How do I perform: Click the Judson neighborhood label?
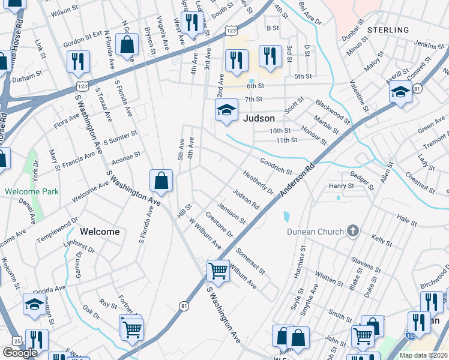259,118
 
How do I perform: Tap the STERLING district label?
388,29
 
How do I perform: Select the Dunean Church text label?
315,231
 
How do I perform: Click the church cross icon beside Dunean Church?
353,231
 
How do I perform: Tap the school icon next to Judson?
226,110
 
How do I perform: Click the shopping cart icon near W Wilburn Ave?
217,270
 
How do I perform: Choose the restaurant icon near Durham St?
78,61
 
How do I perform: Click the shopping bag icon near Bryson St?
127,44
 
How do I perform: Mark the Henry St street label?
341,186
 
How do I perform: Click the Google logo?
20,353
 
